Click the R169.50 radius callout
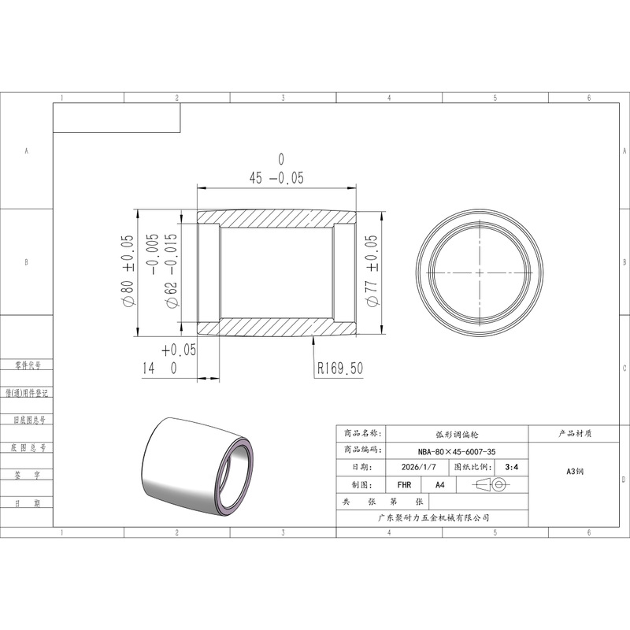340,368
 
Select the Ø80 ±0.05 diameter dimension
127,270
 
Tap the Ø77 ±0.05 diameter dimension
372,270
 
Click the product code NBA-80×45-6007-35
457,451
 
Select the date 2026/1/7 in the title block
418,467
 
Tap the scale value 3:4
511,467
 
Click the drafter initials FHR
404,485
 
